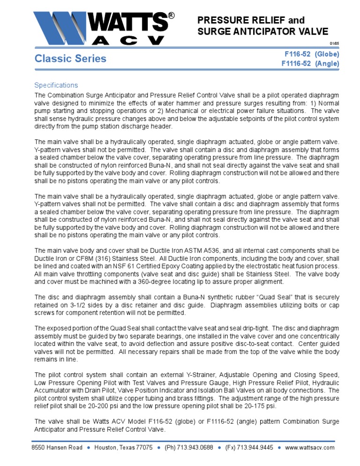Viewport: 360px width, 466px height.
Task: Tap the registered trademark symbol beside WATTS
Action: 171,16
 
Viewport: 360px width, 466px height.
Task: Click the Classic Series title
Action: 70,59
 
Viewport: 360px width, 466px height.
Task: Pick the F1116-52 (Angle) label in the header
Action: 310,63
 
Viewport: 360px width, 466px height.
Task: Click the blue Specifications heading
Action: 56,85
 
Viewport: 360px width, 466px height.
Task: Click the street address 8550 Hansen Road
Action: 57,447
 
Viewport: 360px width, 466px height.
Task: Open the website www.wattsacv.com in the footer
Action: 310,447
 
